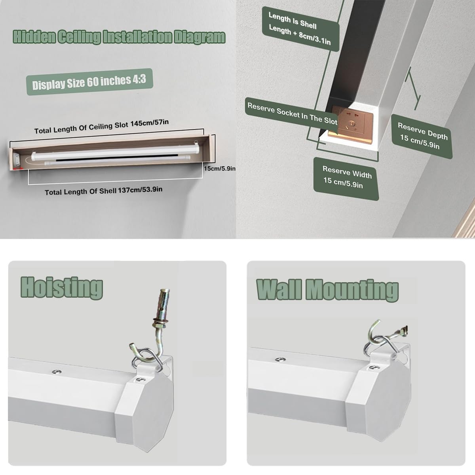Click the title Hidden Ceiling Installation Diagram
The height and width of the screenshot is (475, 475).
click(x=119, y=37)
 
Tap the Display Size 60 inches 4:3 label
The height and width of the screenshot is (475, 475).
click(x=89, y=82)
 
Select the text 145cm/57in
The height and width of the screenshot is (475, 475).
click(x=150, y=123)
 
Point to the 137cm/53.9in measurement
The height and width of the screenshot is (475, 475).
click(x=140, y=190)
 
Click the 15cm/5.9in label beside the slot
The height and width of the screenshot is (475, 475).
click(x=220, y=169)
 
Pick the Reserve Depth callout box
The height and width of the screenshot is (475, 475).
click(x=422, y=136)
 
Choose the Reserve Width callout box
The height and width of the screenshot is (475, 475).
click(x=346, y=179)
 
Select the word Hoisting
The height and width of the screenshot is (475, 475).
click(x=62, y=288)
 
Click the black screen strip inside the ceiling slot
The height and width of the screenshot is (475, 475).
click(x=117, y=158)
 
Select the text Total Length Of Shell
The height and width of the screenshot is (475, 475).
click(x=80, y=192)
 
